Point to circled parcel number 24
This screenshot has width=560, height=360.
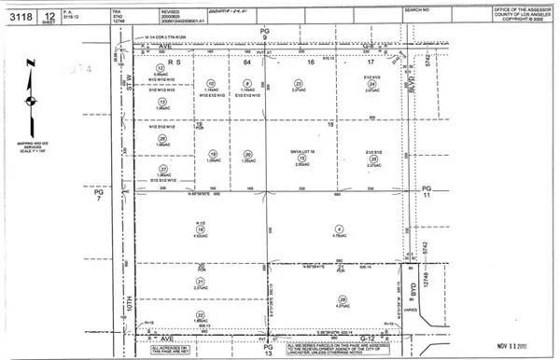(372, 84)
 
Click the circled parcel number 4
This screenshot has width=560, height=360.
(339, 229)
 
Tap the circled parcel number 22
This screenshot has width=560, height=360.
(201, 316)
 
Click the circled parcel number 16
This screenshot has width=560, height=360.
(201, 229)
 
